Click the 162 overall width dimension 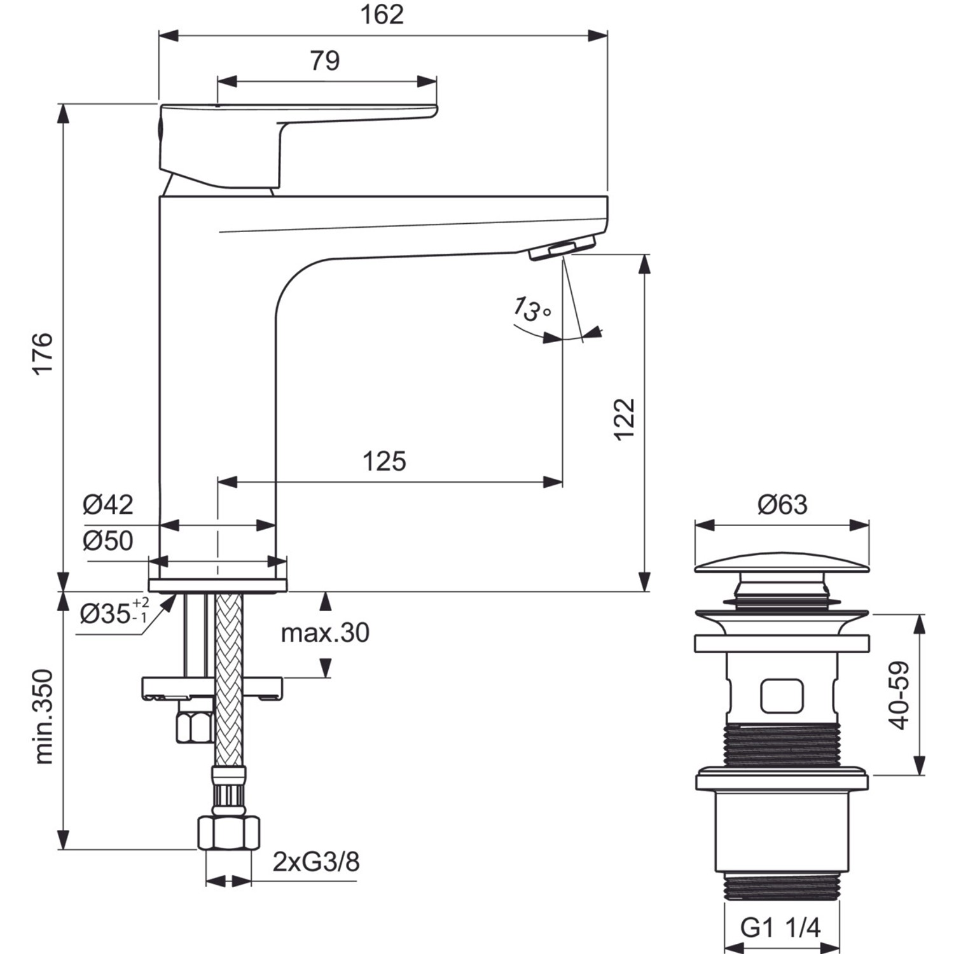tap(382, 15)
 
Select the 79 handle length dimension tap(325, 61)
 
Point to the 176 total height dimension tap(43, 353)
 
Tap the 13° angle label tap(531, 309)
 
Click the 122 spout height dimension tap(625, 418)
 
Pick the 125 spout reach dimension tap(384, 461)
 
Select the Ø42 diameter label tap(108, 505)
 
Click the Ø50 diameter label tap(108, 541)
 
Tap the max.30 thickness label tap(325, 633)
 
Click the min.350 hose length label tap(43, 716)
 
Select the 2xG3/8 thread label tap(316, 862)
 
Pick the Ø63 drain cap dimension tap(782, 505)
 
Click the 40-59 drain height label tap(899, 695)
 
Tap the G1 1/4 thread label tap(781, 928)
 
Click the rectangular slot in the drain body tap(782, 696)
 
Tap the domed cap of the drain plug tap(782, 563)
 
